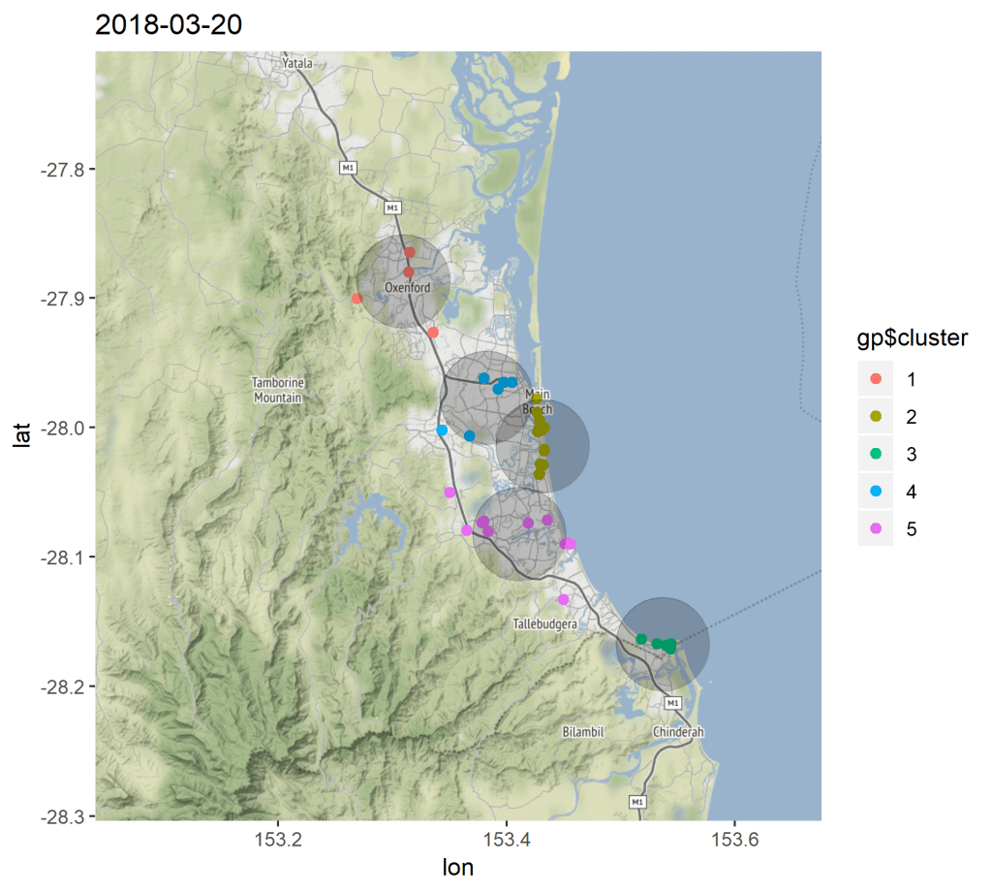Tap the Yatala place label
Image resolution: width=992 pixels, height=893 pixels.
coord(297,63)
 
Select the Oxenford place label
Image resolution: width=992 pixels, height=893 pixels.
coord(407,288)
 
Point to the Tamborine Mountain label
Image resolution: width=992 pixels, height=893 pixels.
coord(278,390)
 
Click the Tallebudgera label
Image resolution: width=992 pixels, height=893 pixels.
coord(544,624)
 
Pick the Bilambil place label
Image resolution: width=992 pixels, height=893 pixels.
coord(583,732)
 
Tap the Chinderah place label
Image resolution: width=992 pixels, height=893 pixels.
coord(678,732)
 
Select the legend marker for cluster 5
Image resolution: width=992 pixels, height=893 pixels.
coord(876,529)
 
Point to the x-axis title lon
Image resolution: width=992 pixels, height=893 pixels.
coord(458,868)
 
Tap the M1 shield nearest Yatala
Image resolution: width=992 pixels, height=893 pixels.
coord(348,168)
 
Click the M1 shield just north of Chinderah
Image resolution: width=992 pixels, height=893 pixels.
coord(675,702)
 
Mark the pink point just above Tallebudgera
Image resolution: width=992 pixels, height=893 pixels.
coord(563,600)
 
